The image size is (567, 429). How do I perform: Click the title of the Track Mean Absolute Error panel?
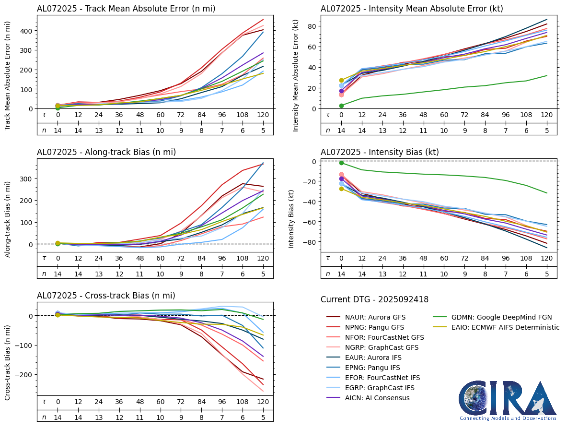point(126,9)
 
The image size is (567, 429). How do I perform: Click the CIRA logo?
point(508,400)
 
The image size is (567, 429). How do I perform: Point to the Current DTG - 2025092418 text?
point(374,300)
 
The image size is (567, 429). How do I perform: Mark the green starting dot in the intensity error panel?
point(341,106)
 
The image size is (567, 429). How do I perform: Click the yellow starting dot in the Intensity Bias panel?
point(341,189)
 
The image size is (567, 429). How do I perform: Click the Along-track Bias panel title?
point(106,152)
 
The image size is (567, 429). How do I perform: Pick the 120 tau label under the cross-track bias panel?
point(263,402)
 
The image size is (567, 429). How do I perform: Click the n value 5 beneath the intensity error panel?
point(546,130)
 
